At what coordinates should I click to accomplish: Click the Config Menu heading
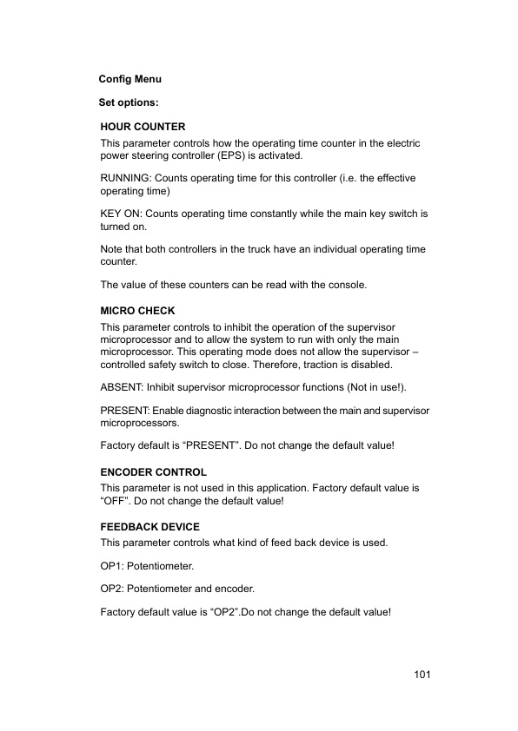click(130, 79)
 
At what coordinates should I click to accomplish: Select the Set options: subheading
click(128, 102)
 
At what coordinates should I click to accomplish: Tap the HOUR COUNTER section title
click(143, 127)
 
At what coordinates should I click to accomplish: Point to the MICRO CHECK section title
click(137, 311)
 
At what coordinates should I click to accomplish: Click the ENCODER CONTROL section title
click(154, 472)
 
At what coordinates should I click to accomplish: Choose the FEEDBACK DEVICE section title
click(149, 527)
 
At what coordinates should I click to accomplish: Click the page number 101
click(423, 675)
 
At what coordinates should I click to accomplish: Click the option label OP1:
click(113, 566)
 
